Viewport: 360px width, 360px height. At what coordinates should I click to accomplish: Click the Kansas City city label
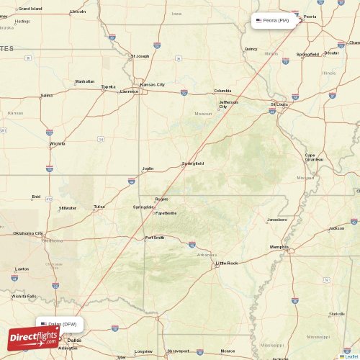coord(152,84)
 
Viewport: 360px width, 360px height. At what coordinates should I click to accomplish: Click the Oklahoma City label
coord(28,233)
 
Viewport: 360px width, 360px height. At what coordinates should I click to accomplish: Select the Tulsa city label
coord(99,207)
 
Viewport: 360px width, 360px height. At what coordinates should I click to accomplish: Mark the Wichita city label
coord(58,143)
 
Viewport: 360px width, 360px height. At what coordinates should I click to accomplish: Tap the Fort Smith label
coord(155,238)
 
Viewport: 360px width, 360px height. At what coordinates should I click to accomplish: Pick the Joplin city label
coord(148,169)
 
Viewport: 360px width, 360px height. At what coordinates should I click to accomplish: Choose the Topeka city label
coord(108,87)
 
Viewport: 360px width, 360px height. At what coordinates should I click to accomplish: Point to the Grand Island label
coord(30,9)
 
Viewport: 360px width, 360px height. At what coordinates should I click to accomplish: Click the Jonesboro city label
coord(277,219)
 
